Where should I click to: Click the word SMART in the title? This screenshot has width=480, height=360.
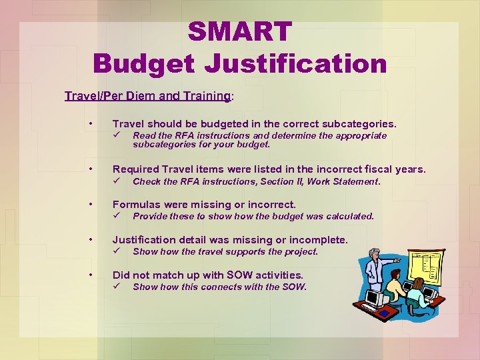pos(239,31)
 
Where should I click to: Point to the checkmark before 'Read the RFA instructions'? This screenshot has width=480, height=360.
pos(115,135)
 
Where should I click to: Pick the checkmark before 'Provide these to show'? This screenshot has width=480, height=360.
pos(115,216)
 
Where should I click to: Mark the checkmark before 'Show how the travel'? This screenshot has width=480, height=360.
pos(115,251)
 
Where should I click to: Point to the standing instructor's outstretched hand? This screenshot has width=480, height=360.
pos(397,258)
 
